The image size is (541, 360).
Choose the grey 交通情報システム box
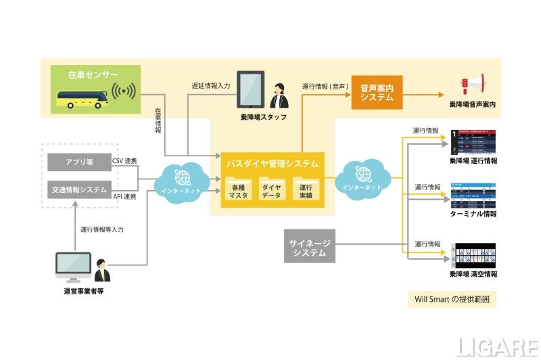[x=80, y=190]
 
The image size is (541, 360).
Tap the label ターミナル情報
[x=473, y=214]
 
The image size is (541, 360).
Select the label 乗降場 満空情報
[x=473, y=274]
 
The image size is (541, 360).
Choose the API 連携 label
[x=124, y=196]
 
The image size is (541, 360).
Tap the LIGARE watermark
[x=495, y=346]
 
